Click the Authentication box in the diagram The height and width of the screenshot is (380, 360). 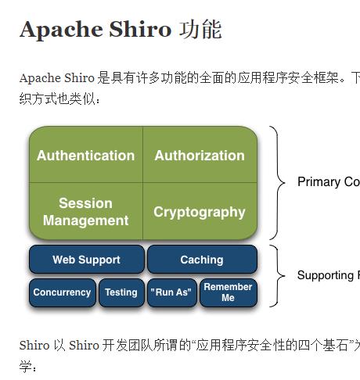coord(85,155)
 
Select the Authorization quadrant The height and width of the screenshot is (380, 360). coord(200,155)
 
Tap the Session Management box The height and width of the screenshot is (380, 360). coord(85,211)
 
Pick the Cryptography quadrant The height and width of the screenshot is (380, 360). coord(200,212)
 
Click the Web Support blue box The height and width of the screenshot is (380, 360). coord(86,260)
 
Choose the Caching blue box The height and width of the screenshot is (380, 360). coord(202,260)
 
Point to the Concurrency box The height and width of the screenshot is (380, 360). coord(62,292)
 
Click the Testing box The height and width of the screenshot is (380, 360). coord(121,292)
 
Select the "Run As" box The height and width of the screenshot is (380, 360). coord(170,292)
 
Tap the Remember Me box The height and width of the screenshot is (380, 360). coord(228,292)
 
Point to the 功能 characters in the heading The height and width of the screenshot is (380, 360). coord(200,30)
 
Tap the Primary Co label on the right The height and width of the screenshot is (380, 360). coord(329,182)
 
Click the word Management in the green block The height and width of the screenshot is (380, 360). coord(85,220)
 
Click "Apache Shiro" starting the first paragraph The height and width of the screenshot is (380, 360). coord(56,78)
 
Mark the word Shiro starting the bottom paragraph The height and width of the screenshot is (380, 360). coord(34,345)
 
